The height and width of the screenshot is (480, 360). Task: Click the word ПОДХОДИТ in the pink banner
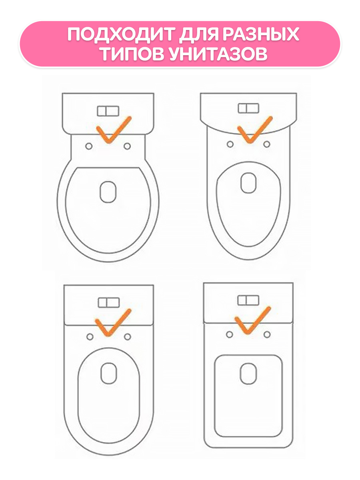121,34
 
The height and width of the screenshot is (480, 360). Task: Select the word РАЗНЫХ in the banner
260,34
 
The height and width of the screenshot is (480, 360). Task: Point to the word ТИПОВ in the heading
132,54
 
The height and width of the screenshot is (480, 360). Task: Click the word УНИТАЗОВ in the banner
218,54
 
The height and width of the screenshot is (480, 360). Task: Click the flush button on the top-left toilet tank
108,111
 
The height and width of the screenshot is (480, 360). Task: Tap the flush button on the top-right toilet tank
248,108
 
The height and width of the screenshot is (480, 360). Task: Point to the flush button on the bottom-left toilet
109,303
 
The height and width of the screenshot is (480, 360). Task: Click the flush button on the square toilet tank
248,300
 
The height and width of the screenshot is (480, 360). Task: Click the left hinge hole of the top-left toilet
89,146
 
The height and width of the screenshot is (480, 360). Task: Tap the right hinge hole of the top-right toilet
267,144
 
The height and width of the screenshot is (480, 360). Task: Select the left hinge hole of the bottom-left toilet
90,337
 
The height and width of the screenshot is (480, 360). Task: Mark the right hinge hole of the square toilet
267,334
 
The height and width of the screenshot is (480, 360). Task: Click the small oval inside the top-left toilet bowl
108,192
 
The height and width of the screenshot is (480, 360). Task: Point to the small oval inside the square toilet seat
248,374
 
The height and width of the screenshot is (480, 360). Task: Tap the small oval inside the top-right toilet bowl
248,183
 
